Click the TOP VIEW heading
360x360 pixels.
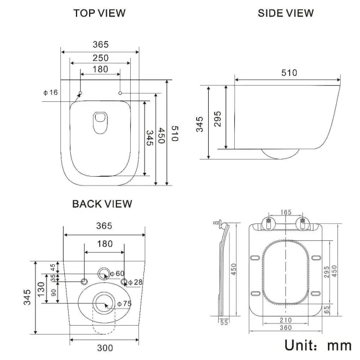100,13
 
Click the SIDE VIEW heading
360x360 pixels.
286,13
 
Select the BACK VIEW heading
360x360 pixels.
102,204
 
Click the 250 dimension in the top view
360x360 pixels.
100,58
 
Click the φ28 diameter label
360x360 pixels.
136,282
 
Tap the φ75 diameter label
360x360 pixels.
124,304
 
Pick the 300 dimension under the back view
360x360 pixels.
105,348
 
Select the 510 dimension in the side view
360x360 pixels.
289,73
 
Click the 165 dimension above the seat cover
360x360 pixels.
285,212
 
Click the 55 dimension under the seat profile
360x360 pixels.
224,322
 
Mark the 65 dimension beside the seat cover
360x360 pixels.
327,308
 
